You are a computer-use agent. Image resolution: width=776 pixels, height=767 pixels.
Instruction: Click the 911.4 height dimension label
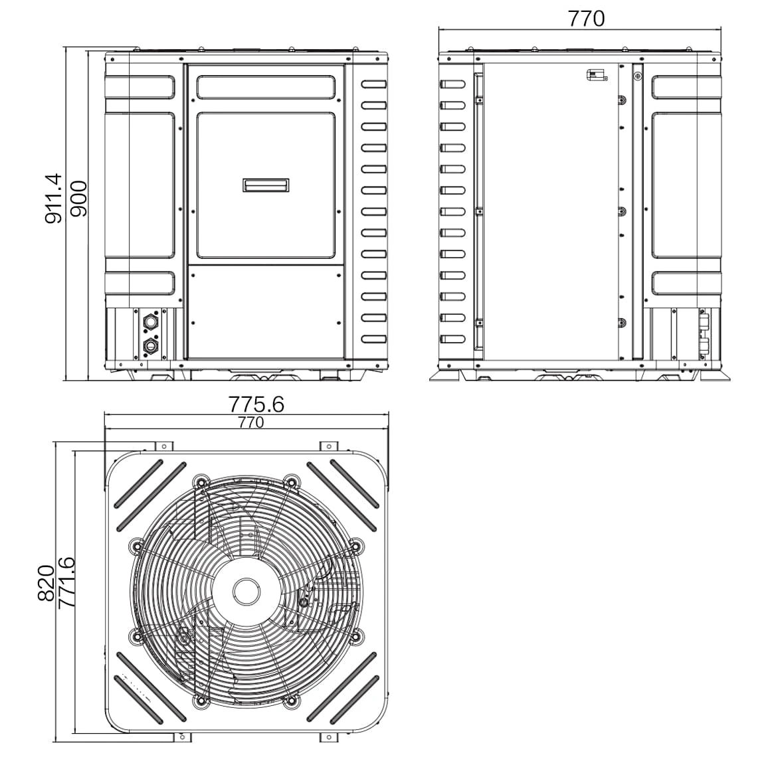(x=53, y=198)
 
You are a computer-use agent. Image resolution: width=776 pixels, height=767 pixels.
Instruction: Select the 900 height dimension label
(x=78, y=199)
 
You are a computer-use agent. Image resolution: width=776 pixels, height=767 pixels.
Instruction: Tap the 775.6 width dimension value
(x=256, y=404)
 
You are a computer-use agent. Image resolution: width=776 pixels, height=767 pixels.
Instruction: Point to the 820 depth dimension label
(x=46, y=583)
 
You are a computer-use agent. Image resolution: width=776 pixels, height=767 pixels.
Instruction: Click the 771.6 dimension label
(x=66, y=582)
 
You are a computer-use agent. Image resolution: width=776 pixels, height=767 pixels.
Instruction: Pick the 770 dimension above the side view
(x=586, y=19)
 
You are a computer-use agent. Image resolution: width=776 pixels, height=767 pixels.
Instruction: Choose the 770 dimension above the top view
(x=251, y=422)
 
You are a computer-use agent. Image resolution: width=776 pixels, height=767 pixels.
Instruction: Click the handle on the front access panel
(x=266, y=185)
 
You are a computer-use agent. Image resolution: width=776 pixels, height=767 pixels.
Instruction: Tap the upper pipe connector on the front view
(x=150, y=323)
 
